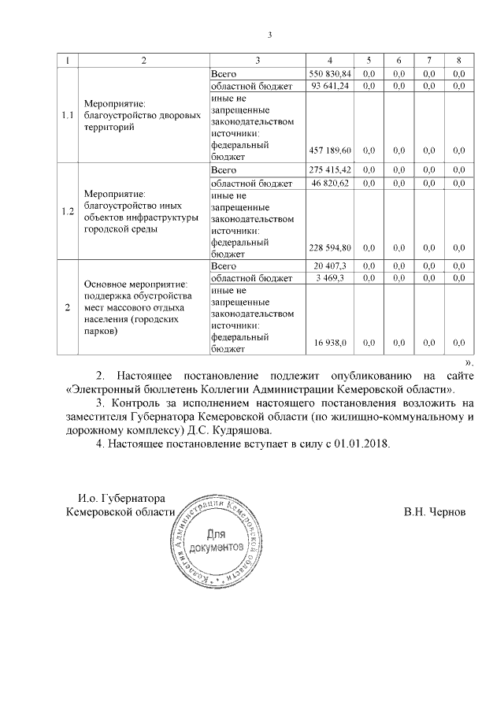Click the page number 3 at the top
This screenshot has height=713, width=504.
269,35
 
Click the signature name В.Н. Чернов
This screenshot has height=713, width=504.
434,511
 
